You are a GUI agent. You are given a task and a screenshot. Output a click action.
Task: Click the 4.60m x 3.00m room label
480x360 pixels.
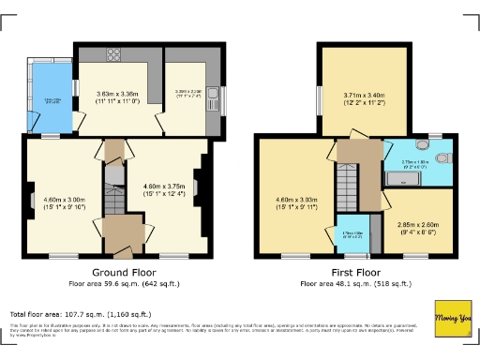64,202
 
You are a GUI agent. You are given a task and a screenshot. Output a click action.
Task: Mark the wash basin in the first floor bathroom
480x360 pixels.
435,147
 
